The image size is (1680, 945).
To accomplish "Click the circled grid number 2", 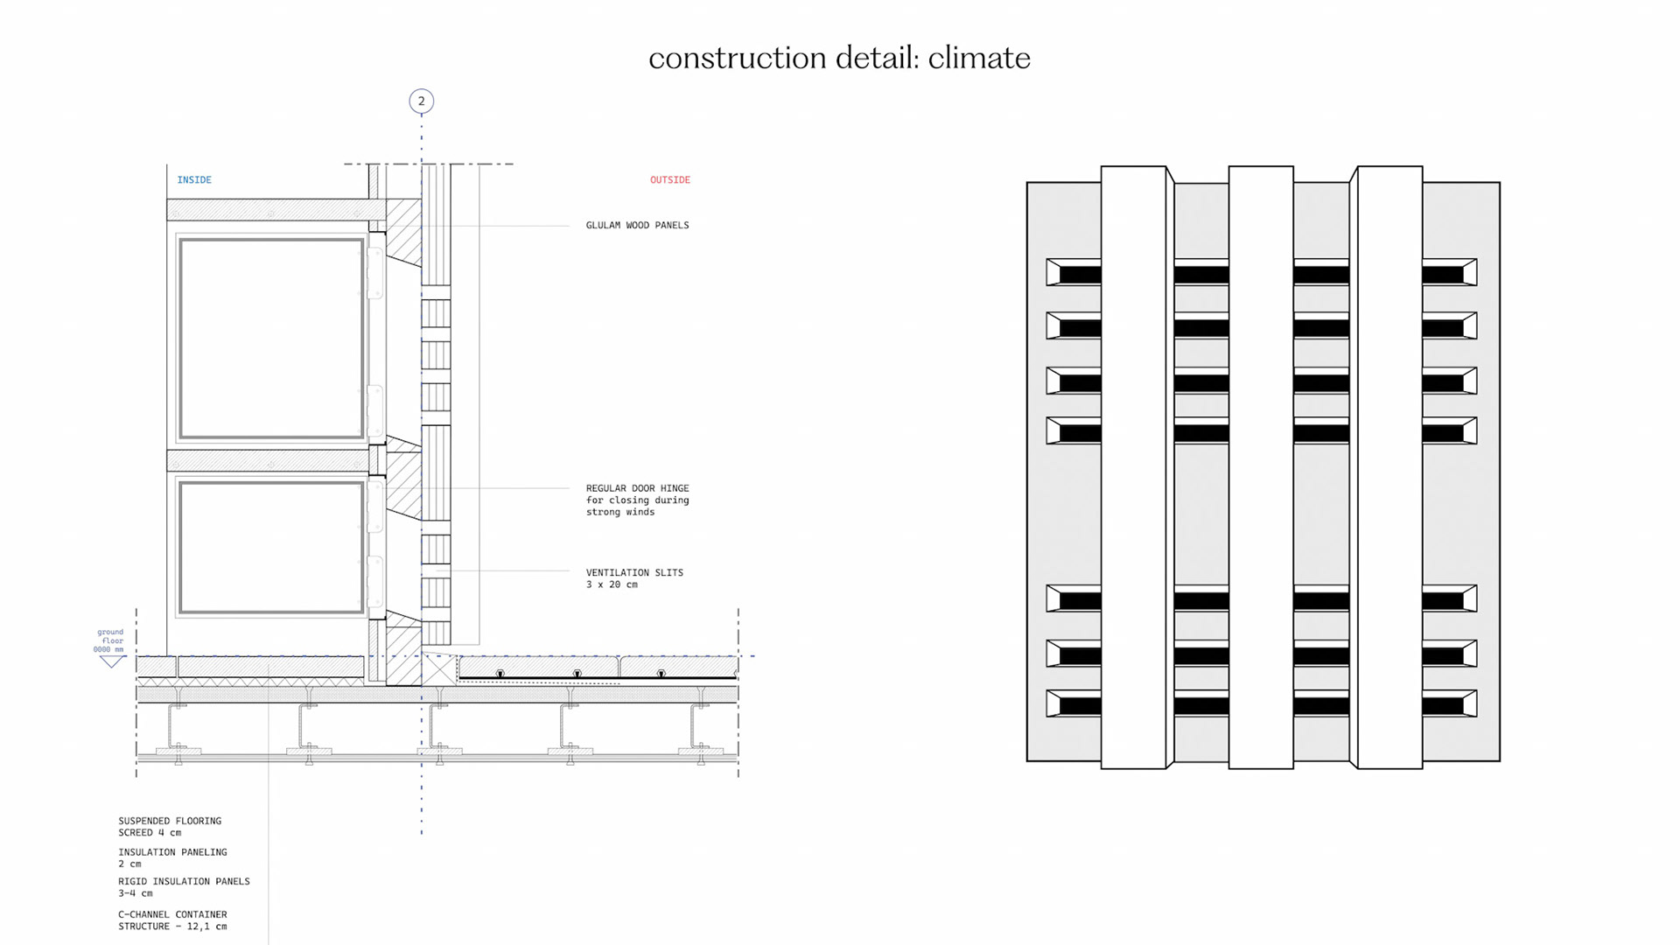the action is pos(421,101).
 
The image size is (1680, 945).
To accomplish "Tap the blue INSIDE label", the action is pos(194,180).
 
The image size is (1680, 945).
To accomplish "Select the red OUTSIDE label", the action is pos(669,180).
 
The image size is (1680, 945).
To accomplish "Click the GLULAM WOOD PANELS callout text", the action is pos(637,226).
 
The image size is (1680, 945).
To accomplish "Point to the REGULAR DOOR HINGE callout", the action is pos(637,500).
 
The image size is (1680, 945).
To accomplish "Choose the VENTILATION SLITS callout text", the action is pos(633,578).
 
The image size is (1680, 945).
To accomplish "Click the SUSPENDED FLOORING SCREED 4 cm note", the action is pos(170,827).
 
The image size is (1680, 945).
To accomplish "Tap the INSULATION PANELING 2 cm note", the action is pos(172,857).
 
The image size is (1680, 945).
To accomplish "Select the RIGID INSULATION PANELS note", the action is pos(184,887).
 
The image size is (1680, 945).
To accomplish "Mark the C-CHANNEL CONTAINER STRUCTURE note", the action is pos(172,920).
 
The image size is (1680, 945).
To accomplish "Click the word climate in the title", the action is pos(978,59).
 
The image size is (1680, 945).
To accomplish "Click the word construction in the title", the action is pos(737,59).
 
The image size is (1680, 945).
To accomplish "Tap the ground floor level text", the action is pos(109,640).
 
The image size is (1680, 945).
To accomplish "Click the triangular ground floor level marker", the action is pos(111,661).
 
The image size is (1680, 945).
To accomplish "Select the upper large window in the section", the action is pos(271,339).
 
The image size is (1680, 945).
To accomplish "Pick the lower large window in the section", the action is pos(271,547).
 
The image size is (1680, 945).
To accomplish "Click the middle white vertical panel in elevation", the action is pos(1261,467).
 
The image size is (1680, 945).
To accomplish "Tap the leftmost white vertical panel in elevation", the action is pos(1133,467).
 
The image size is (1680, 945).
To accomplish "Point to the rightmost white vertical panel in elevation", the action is pos(1389,467).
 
